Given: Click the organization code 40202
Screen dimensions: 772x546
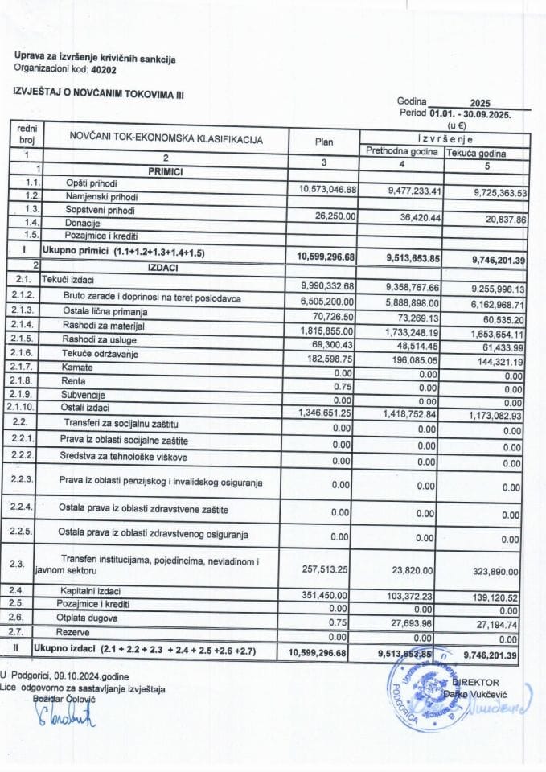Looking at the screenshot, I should (x=104, y=70).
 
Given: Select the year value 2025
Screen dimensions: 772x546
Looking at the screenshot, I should (x=481, y=104).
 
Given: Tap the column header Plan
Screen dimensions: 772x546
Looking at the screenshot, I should (x=324, y=141).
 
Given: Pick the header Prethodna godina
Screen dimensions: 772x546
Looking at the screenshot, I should (x=402, y=151).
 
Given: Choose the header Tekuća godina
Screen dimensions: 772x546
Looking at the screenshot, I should (x=486, y=152).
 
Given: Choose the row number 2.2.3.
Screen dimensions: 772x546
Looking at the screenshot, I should (x=22, y=480).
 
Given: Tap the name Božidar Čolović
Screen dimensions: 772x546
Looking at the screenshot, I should (x=64, y=700).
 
